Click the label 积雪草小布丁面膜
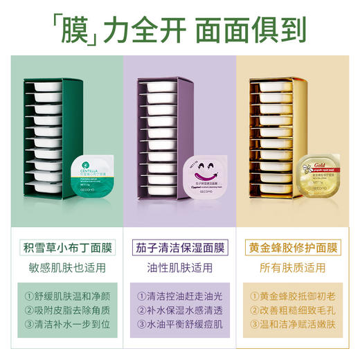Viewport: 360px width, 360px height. [66, 245]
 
